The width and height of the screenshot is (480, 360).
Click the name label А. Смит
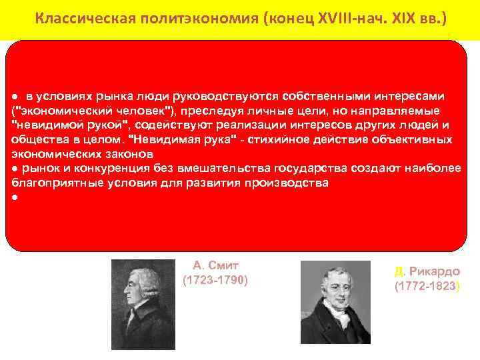click(x=215, y=265)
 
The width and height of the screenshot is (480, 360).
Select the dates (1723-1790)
click(x=215, y=280)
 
